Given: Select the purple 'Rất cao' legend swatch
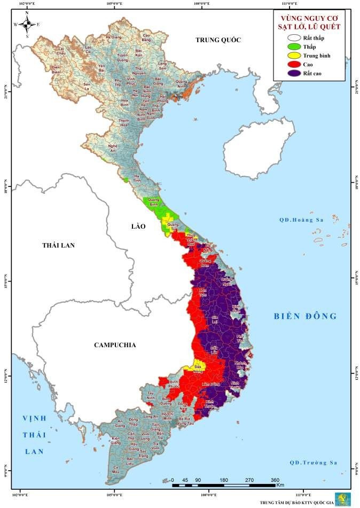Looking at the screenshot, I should pyautogui.click(x=293, y=73).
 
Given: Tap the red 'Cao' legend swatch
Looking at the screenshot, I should pyautogui.click(x=293, y=64).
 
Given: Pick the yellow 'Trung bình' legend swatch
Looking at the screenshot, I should pyautogui.click(x=293, y=56).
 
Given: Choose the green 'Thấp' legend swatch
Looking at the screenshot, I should pyautogui.click(x=293, y=46).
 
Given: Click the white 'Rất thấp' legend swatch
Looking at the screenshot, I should pyautogui.click(x=293, y=37).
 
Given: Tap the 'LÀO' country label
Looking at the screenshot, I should pyautogui.click(x=138, y=226).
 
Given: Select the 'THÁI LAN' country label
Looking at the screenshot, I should pyautogui.click(x=59, y=245).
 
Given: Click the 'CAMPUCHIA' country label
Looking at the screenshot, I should pyautogui.click(x=115, y=345).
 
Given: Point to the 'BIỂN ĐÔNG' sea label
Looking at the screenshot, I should pyautogui.click(x=303, y=316).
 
